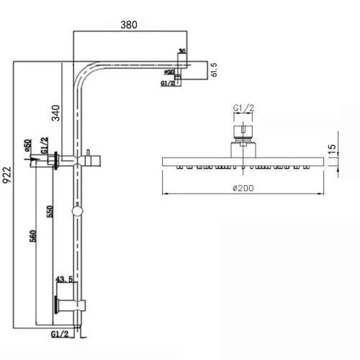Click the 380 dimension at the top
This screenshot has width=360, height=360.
pyautogui.click(x=130, y=24)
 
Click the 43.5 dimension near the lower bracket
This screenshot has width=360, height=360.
pyautogui.click(x=64, y=279)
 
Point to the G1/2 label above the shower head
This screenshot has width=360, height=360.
pyautogui.click(x=243, y=109)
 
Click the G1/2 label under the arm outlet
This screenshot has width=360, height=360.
pyautogui.click(x=168, y=84)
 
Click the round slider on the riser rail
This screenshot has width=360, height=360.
pyautogui.click(x=75, y=212)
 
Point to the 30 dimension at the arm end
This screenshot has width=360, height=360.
pyautogui.click(x=181, y=51)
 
